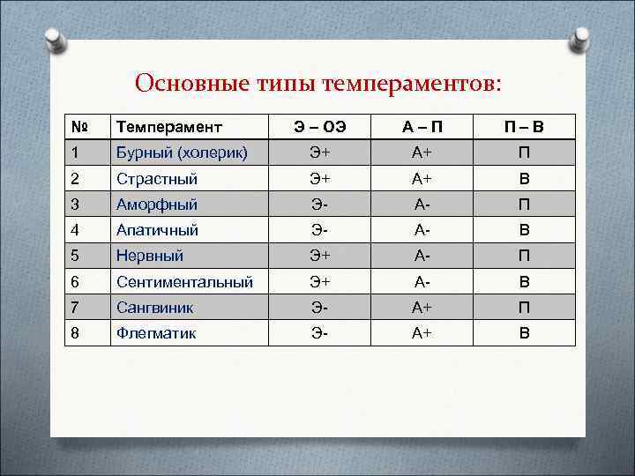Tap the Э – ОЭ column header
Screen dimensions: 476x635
[x=319, y=127]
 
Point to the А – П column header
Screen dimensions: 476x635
[x=422, y=127]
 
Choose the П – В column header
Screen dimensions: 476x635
[x=524, y=127]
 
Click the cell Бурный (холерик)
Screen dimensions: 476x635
[x=182, y=152]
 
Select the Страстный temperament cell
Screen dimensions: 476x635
[x=156, y=178]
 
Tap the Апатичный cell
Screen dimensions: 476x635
[x=157, y=230]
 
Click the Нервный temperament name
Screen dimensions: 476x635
[x=150, y=256]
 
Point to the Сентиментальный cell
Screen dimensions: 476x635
[x=184, y=282]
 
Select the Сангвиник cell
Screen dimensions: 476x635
[x=155, y=308]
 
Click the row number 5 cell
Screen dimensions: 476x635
[x=76, y=256]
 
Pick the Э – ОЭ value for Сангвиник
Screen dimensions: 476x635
[x=319, y=308]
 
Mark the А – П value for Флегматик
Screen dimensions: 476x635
[x=422, y=333]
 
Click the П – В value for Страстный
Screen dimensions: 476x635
[x=524, y=178]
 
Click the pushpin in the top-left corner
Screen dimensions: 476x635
[x=55, y=40]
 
